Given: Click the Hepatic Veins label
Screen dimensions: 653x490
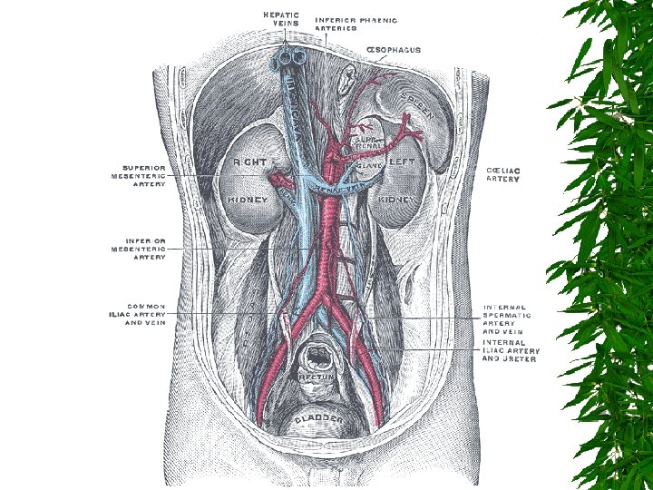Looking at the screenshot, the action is click(281, 19).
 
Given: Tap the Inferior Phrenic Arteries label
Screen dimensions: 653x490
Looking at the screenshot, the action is click(356, 24).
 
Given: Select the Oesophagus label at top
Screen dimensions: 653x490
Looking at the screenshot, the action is click(393, 50).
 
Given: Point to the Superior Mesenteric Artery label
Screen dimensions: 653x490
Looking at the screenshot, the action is click(139, 176).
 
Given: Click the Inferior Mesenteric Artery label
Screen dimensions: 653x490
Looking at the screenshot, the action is click(138, 249).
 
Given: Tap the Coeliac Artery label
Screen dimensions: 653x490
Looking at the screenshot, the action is click(503, 174).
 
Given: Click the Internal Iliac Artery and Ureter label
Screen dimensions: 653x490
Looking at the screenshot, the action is click(511, 350).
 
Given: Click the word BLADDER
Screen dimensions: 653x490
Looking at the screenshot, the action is click(317, 419).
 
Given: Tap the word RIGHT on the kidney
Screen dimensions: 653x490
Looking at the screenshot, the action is click(250, 162).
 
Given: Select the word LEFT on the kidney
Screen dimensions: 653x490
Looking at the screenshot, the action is click(401, 162).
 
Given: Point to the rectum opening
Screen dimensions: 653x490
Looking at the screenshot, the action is click(318, 349).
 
